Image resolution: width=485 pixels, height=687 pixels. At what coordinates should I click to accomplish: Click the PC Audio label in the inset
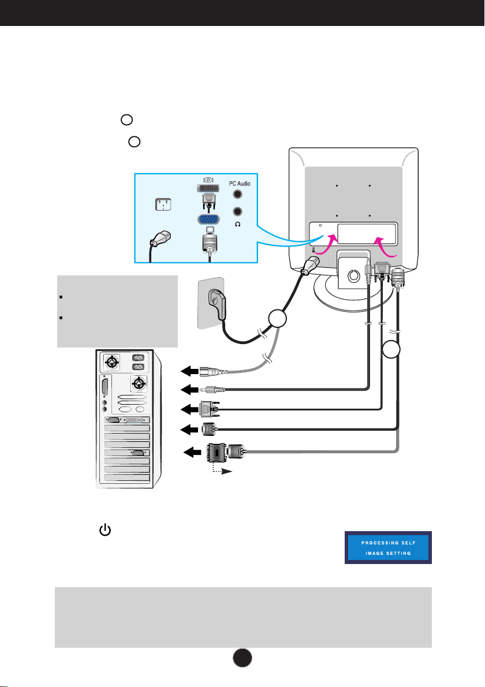[240, 184]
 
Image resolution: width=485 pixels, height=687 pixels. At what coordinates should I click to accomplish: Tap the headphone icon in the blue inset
[237, 225]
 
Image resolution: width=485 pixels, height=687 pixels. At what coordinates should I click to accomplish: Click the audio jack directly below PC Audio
[237, 194]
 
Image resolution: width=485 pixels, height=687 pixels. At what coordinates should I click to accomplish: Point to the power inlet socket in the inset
[163, 204]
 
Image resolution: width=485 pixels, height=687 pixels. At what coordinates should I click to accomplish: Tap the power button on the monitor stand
[353, 276]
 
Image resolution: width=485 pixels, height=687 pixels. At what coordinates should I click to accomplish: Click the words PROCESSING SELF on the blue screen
[388, 543]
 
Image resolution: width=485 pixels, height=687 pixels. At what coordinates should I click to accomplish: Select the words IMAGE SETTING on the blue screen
[388, 554]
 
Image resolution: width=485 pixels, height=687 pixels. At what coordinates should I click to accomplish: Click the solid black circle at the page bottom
[242, 658]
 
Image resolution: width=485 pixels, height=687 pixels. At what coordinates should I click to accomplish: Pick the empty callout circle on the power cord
[277, 319]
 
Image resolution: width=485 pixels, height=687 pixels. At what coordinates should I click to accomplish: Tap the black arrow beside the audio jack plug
[189, 389]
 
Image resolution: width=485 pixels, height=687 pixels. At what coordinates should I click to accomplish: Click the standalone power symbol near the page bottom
[105, 530]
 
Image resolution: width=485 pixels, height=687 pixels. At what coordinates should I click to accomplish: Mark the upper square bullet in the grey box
[61, 297]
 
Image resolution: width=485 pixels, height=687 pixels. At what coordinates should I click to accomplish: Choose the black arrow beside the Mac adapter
[192, 451]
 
